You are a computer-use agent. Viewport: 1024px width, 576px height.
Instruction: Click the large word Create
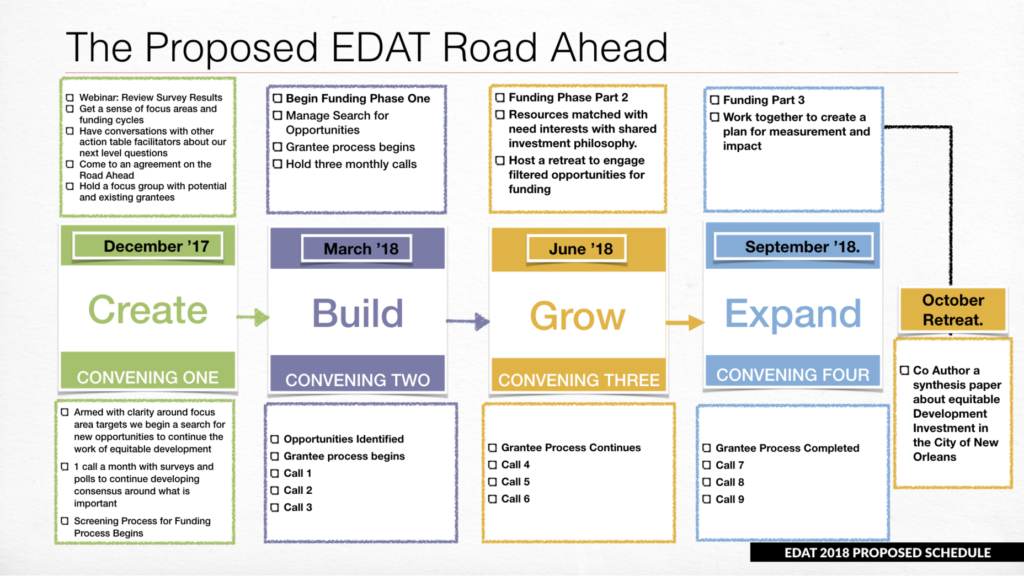point(148,310)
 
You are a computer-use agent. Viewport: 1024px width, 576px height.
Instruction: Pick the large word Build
point(358,313)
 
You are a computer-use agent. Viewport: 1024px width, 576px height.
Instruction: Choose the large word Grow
point(578,316)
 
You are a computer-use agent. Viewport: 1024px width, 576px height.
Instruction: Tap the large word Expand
point(793,313)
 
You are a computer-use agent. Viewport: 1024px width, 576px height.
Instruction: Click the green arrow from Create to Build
point(253,317)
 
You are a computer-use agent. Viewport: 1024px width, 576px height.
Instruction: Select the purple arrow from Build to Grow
point(468,321)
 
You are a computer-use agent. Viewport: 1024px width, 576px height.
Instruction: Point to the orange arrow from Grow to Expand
point(685,323)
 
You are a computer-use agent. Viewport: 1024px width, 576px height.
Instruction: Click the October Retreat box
point(953,310)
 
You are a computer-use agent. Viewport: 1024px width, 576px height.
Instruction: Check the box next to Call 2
point(275,490)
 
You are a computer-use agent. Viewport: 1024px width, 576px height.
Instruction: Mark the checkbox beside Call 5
point(493,482)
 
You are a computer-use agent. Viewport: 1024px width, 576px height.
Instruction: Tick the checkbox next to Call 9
point(707,499)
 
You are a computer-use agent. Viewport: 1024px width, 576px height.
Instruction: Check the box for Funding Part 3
point(715,100)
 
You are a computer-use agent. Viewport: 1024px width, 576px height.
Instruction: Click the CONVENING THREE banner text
point(579,380)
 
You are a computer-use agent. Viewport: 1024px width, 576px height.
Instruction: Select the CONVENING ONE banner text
point(148,377)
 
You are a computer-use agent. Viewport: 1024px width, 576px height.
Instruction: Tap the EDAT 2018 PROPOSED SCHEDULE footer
point(887,552)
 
